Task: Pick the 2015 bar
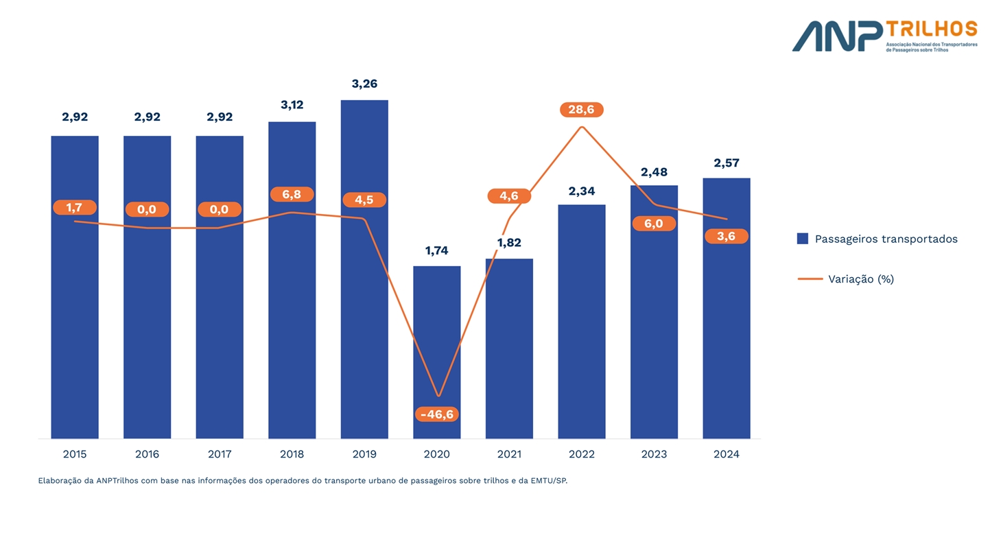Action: (x=75, y=309)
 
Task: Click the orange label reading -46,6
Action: (x=437, y=414)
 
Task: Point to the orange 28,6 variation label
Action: (x=582, y=110)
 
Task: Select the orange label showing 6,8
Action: (x=292, y=194)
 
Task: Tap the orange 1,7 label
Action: (x=74, y=207)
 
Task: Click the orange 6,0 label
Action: (x=654, y=224)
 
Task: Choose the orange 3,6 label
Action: (x=726, y=236)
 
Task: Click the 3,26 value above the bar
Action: (x=364, y=84)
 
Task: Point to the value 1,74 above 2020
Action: (x=436, y=250)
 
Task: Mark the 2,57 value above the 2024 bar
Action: (x=727, y=163)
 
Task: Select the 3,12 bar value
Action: (x=292, y=105)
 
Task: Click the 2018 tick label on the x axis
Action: (x=292, y=454)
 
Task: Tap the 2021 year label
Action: (x=509, y=454)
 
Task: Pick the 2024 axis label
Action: (x=727, y=454)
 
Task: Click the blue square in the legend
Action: (x=803, y=239)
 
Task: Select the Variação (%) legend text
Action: (x=861, y=278)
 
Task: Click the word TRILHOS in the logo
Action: (x=931, y=29)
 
